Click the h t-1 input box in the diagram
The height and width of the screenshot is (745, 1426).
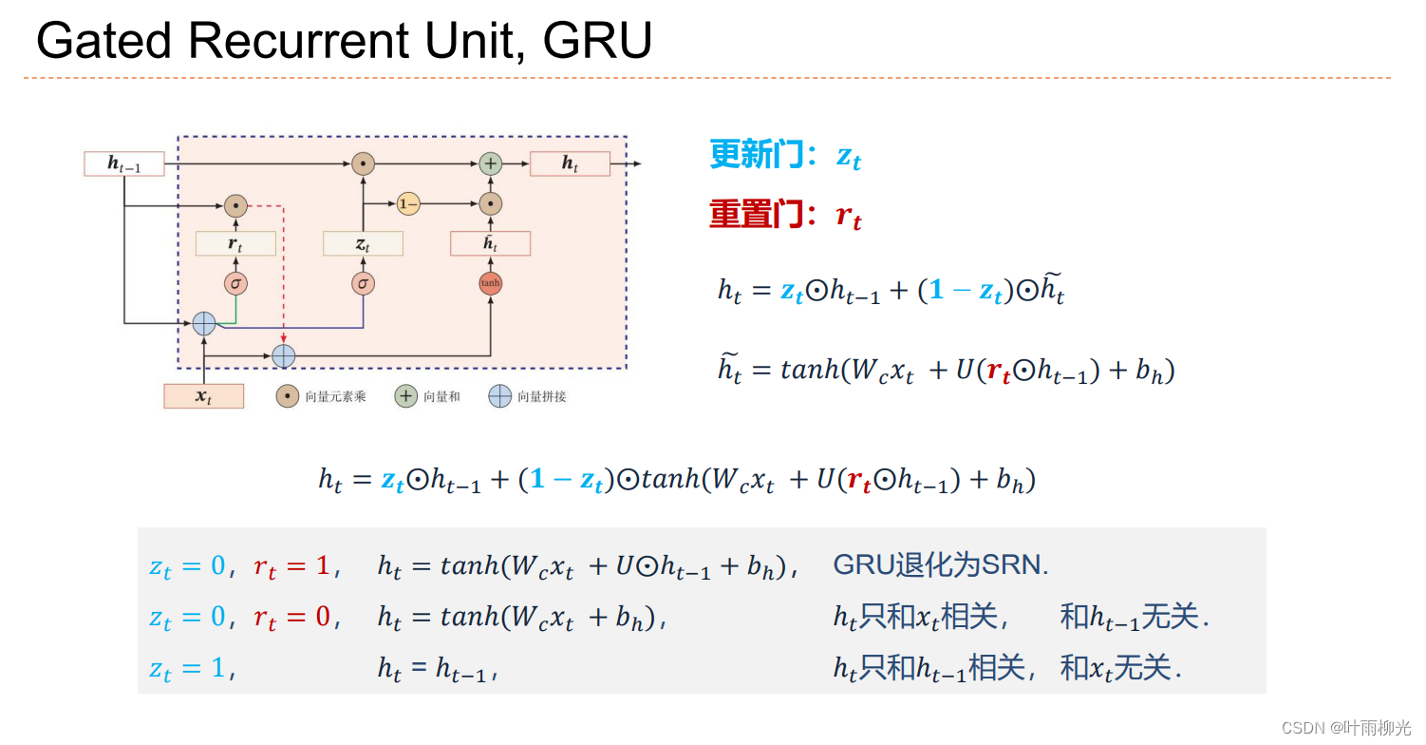[x=124, y=163]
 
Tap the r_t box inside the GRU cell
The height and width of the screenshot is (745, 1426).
[x=235, y=244]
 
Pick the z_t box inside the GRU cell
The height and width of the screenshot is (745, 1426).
[x=363, y=244]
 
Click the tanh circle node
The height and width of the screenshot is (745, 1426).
[x=490, y=283]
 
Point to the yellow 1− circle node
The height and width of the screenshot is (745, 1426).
[x=408, y=203]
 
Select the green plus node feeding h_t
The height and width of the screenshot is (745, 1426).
[x=490, y=163]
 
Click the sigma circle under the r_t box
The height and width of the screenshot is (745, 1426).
[x=235, y=283]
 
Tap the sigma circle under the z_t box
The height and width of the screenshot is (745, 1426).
[x=363, y=283]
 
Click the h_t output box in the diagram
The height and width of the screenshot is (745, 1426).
[x=570, y=163]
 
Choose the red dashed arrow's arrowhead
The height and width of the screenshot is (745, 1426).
[x=284, y=340]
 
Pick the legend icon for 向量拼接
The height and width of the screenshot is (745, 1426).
[x=499, y=396]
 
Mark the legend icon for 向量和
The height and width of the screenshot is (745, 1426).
[x=406, y=396]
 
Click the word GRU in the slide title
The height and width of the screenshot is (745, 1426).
[x=598, y=41]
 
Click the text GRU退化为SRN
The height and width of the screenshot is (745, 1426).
[x=940, y=564]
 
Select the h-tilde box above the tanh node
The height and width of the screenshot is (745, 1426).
[x=490, y=244]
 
